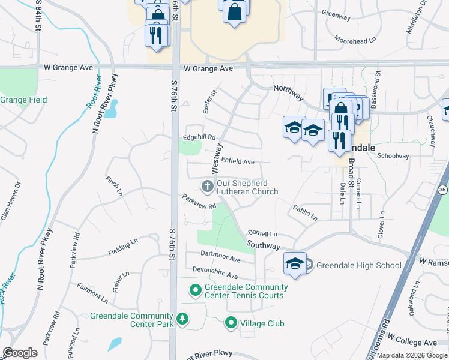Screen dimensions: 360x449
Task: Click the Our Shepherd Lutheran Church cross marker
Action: (208, 186)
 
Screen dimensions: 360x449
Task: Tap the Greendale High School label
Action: (358, 265)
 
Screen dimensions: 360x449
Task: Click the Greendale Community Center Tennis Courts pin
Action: (196, 291)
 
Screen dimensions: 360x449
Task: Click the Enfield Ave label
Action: (238, 161)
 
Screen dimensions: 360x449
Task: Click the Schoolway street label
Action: (393, 156)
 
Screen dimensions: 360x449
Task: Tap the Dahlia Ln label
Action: (305, 212)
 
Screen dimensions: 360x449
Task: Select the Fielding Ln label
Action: (119, 247)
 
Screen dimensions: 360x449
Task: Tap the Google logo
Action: (20, 353)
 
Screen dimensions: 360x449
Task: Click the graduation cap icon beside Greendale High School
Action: (295, 263)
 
